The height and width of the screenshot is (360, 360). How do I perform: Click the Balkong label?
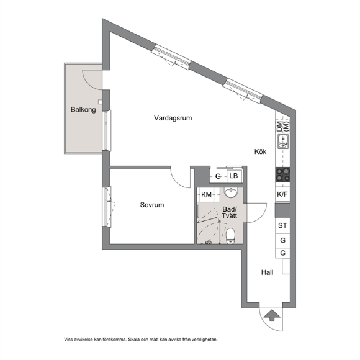[83, 109]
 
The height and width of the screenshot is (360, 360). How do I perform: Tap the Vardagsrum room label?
[173, 118]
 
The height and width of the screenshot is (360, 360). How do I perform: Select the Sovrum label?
[152, 205]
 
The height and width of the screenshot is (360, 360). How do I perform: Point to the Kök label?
[260, 151]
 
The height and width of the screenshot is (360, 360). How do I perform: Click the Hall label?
[268, 272]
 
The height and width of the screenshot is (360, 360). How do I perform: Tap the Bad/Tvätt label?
[230, 212]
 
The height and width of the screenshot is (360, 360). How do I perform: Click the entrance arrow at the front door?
[272, 315]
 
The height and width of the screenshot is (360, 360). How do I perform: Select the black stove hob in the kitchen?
[283, 174]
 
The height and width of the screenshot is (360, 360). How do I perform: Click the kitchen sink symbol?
[283, 142]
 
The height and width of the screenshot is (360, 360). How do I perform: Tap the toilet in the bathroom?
[230, 236]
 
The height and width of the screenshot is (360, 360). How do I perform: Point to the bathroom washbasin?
[230, 192]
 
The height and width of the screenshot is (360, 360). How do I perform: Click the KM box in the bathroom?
[206, 195]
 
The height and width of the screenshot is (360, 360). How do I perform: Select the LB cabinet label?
[234, 176]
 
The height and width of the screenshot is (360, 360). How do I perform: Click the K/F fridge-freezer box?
[282, 195]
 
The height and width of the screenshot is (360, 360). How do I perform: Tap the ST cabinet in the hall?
[282, 225]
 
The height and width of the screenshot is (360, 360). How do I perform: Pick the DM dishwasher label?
[279, 127]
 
